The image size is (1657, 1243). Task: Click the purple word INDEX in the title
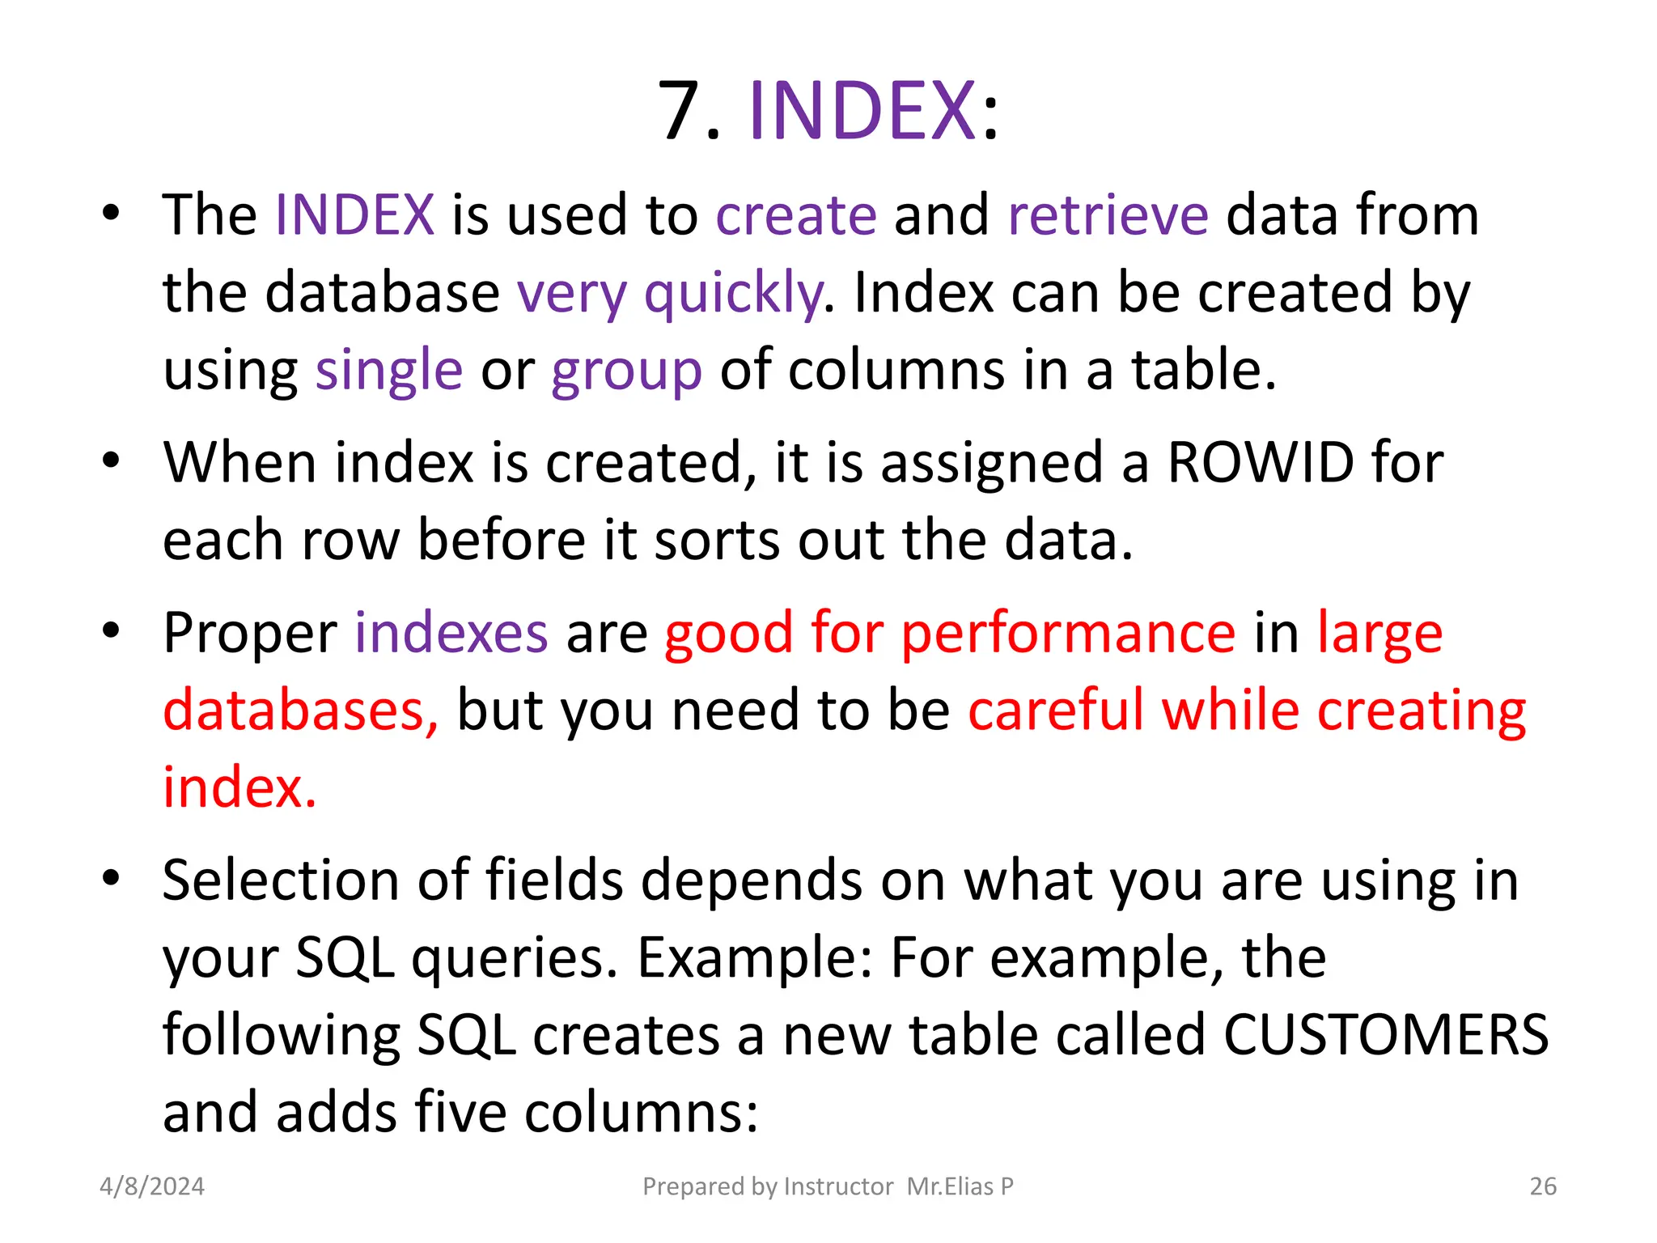[x=862, y=111]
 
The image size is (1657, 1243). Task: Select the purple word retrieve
[x=1108, y=215]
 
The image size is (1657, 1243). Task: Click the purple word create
[x=796, y=215]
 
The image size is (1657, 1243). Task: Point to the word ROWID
[x=1261, y=463]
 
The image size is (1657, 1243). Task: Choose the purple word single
[x=389, y=371]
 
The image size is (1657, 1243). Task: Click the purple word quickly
[x=732, y=293]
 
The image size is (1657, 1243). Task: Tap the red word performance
[x=1068, y=633]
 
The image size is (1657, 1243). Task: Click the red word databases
[x=299, y=711]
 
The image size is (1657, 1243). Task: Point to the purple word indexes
[x=451, y=633]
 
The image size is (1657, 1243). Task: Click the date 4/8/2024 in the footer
[x=152, y=1186]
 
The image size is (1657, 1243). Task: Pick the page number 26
[x=1543, y=1186]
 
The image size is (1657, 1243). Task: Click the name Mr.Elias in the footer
[x=950, y=1186]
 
